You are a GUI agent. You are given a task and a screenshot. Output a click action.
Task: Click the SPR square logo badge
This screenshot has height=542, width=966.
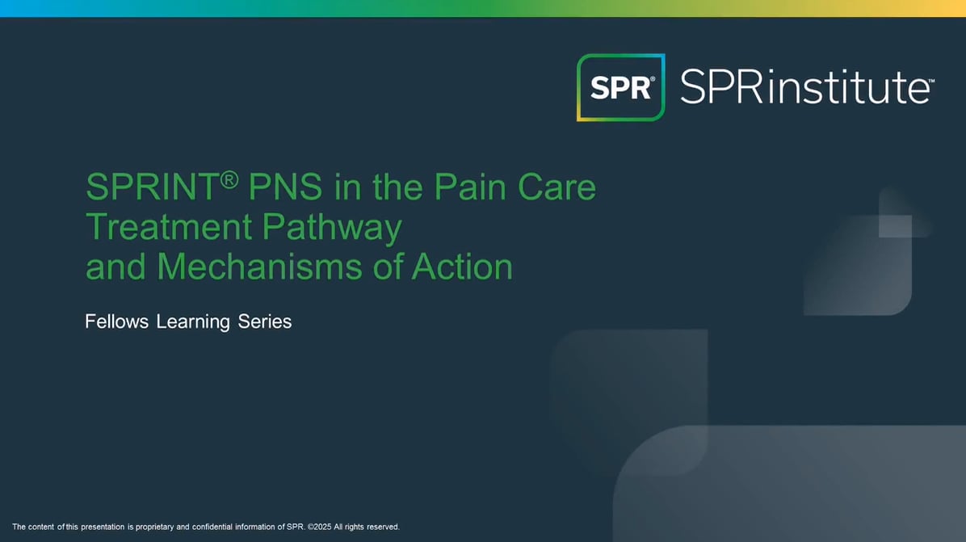click(620, 87)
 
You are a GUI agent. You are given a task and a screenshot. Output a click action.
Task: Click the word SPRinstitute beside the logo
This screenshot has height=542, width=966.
click(805, 87)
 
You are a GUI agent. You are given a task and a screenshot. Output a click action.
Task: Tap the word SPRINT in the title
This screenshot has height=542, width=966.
click(152, 187)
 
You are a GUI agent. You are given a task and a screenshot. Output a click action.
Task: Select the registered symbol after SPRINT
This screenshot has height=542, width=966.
click(229, 179)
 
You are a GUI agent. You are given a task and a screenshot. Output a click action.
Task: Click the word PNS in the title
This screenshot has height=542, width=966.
click(285, 187)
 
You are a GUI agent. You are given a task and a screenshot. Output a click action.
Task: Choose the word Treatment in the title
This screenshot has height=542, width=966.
click(169, 227)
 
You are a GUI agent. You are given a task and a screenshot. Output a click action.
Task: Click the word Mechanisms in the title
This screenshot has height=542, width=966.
click(259, 267)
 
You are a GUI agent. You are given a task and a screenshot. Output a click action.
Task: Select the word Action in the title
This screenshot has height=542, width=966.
click(462, 267)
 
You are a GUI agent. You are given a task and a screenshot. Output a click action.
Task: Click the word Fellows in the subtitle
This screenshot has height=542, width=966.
click(116, 321)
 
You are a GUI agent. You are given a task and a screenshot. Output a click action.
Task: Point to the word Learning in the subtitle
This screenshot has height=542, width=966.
click(193, 322)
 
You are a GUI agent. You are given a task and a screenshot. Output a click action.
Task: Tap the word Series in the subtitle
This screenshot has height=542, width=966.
click(265, 321)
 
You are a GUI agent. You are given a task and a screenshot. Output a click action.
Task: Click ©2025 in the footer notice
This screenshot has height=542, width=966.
click(319, 527)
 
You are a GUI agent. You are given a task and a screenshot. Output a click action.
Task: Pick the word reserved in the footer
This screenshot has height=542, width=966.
click(383, 527)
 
